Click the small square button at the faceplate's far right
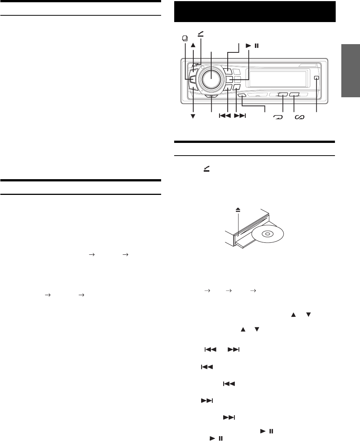[x=317, y=78]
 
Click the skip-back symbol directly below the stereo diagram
[x=225, y=116]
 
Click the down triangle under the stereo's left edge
[x=193, y=116]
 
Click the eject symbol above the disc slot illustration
[x=237, y=210]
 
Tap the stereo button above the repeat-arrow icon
[x=282, y=95]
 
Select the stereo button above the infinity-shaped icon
[x=295, y=95]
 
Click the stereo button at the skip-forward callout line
[x=236, y=88]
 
